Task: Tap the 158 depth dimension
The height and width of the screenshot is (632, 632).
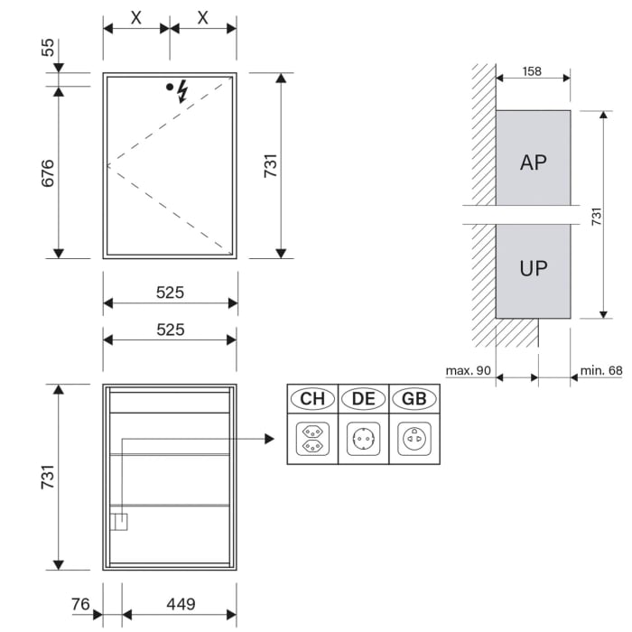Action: point(532,71)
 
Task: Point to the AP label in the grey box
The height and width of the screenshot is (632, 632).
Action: point(534,163)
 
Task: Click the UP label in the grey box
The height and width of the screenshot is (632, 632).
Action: point(534,268)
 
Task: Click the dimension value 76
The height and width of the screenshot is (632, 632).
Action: point(80,604)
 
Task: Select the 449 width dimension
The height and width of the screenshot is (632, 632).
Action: point(180,604)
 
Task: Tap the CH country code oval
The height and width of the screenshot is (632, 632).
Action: point(312,398)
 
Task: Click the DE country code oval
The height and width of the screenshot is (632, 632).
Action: point(364,398)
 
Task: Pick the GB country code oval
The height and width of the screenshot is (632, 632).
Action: point(414,398)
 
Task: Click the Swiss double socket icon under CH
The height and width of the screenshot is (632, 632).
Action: point(312,439)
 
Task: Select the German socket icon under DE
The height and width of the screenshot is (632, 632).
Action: point(364,439)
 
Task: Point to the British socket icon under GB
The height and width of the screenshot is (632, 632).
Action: point(414,439)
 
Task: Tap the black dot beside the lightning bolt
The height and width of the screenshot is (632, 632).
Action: point(169,88)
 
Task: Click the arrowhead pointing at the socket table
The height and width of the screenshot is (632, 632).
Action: point(268,439)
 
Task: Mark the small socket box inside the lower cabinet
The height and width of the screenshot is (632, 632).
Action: point(119,522)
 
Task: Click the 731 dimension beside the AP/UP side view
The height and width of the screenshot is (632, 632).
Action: point(596,215)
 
